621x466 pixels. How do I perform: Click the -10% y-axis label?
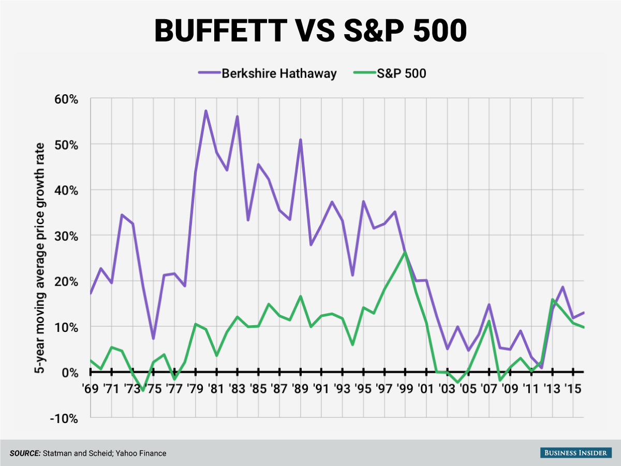(65, 418)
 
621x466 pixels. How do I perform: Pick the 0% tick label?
(69, 372)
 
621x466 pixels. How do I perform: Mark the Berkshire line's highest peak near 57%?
(205, 111)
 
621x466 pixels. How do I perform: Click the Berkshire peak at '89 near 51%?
(300, 140)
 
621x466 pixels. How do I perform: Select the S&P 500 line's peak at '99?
(405, 252)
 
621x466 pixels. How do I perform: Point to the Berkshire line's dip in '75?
(153, 338)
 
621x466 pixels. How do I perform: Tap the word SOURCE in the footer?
(25, 453)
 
